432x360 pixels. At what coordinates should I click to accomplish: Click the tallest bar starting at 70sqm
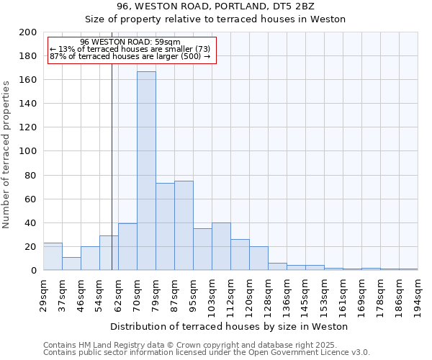(146, 171)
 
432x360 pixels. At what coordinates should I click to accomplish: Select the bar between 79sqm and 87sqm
(165, 226)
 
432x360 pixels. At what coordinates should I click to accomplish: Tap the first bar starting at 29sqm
(53, 256)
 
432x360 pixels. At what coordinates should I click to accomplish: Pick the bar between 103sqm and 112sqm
(221, 246)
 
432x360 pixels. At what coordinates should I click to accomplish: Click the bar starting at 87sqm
(184, 225)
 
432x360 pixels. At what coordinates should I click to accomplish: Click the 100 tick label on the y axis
(29, 151)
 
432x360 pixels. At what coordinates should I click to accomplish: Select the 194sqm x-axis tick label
(418, 295)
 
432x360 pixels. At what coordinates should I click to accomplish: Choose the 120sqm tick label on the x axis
(250, 295)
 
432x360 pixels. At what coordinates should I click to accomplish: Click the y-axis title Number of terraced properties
(6, 154)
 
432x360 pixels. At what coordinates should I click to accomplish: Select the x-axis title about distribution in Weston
(230, 326)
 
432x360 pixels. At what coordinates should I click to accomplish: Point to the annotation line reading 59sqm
(130, 42)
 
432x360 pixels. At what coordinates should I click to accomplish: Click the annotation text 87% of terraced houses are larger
(130, 56)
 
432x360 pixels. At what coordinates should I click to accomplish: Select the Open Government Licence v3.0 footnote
(206, 353)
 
